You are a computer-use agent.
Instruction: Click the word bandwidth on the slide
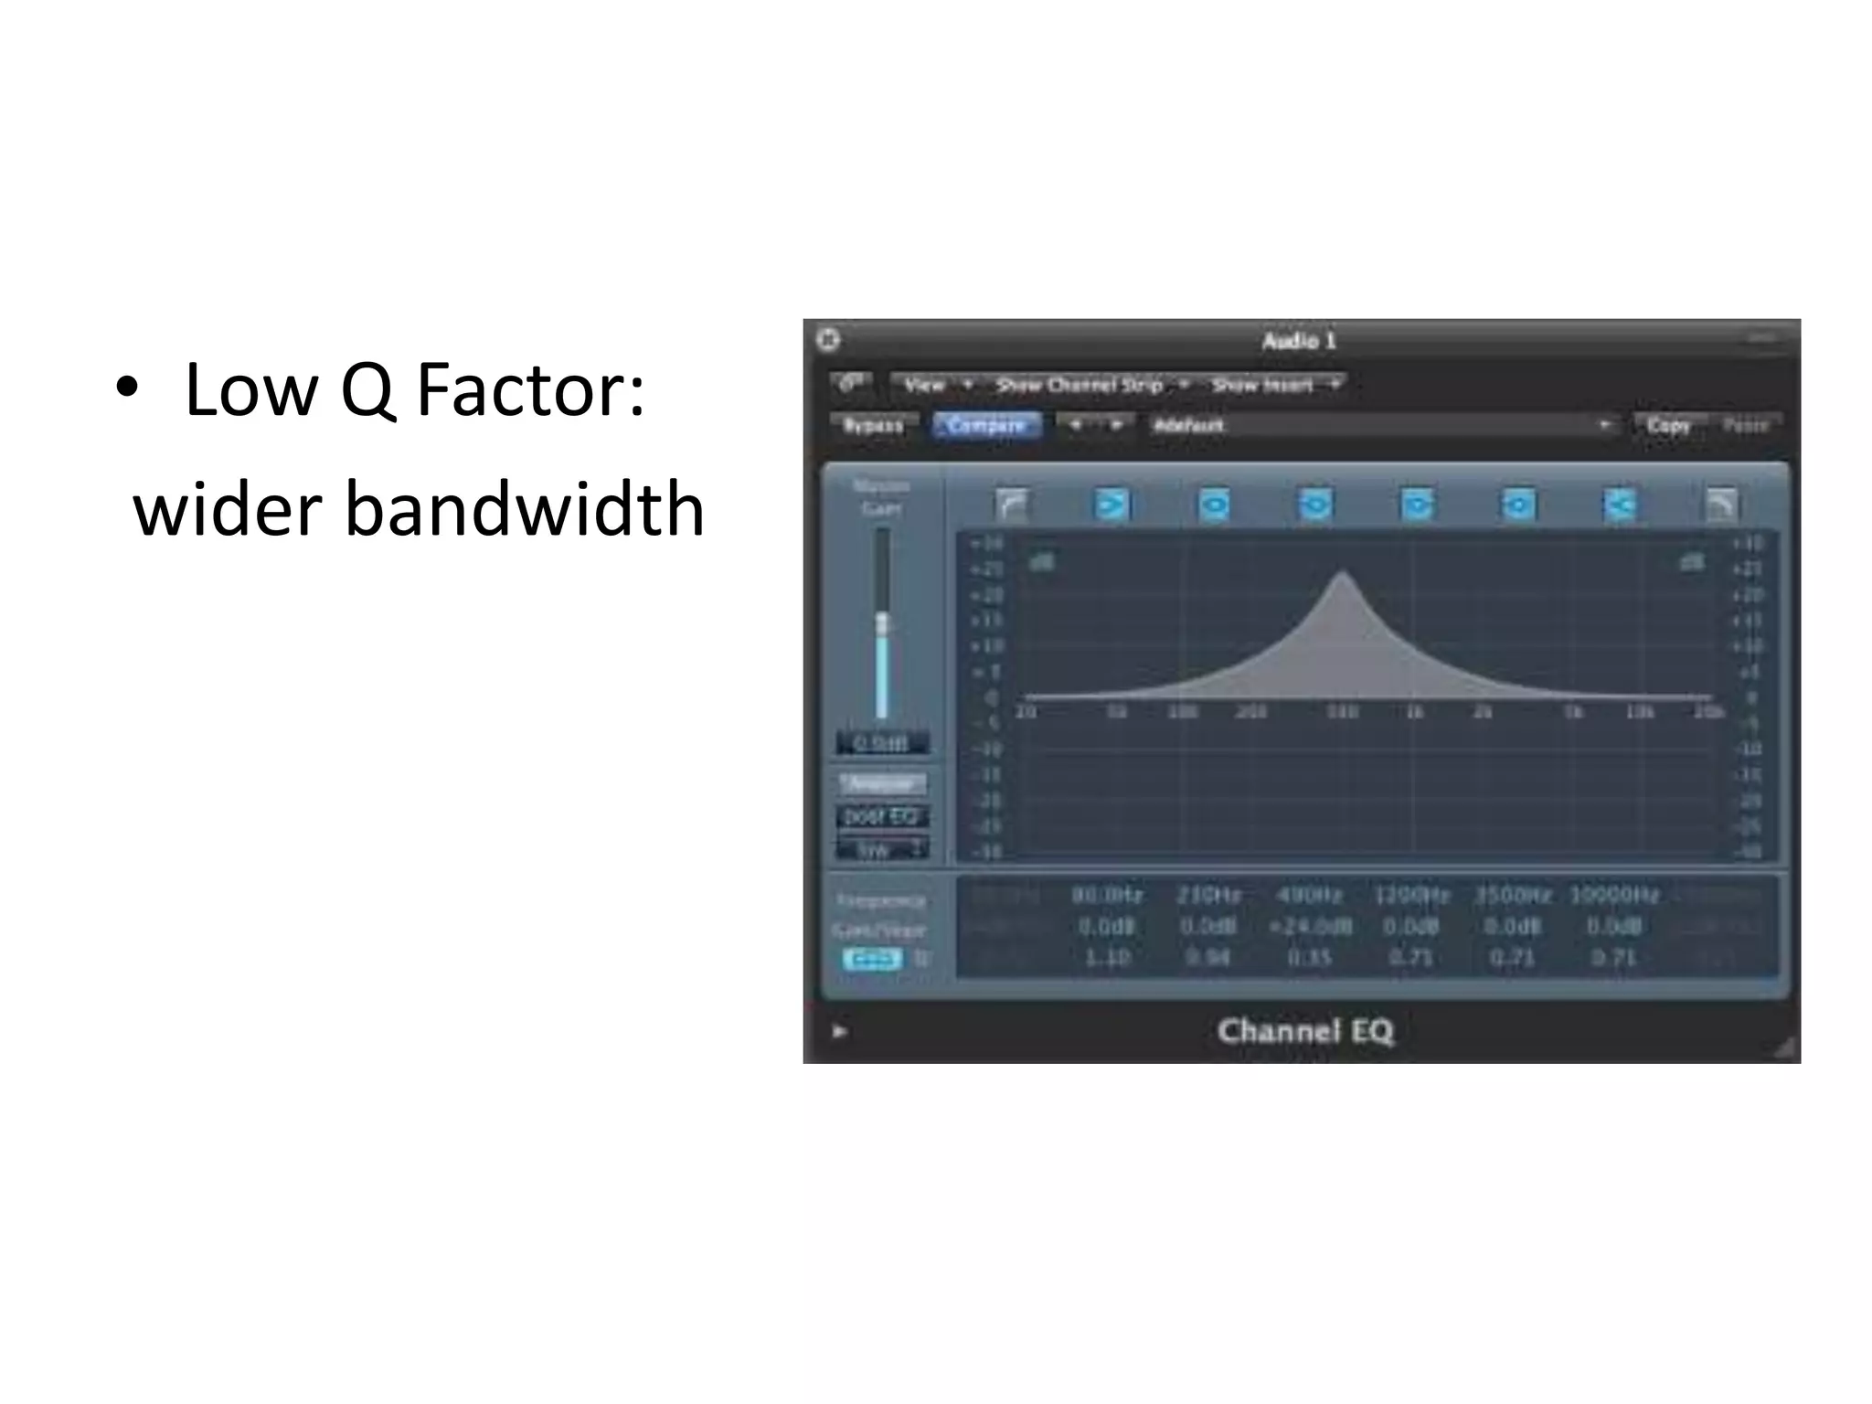point(524,509)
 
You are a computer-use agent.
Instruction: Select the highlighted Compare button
point(985,426)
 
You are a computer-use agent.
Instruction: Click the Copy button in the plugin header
point(1668,426)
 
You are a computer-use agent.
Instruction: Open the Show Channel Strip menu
point(1080,385)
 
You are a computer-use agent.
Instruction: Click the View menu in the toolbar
point(924,385)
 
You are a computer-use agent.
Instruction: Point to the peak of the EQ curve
point(1342,573)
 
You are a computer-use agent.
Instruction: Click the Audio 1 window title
point(1299,341)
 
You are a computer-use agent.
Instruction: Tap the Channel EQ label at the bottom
point(1304,1031)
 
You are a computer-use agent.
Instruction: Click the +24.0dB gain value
point(1310,927)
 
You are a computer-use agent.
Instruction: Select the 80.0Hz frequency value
point(1107,895)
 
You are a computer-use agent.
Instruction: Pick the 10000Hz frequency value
point(1613,895)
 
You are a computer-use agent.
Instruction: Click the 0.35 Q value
point(1310,958)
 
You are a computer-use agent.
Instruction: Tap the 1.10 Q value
point(1107,958)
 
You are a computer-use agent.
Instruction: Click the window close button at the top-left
point(828,340)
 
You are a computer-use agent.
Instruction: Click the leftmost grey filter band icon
point(1011,505)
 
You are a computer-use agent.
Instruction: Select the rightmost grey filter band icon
point(1721,505)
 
